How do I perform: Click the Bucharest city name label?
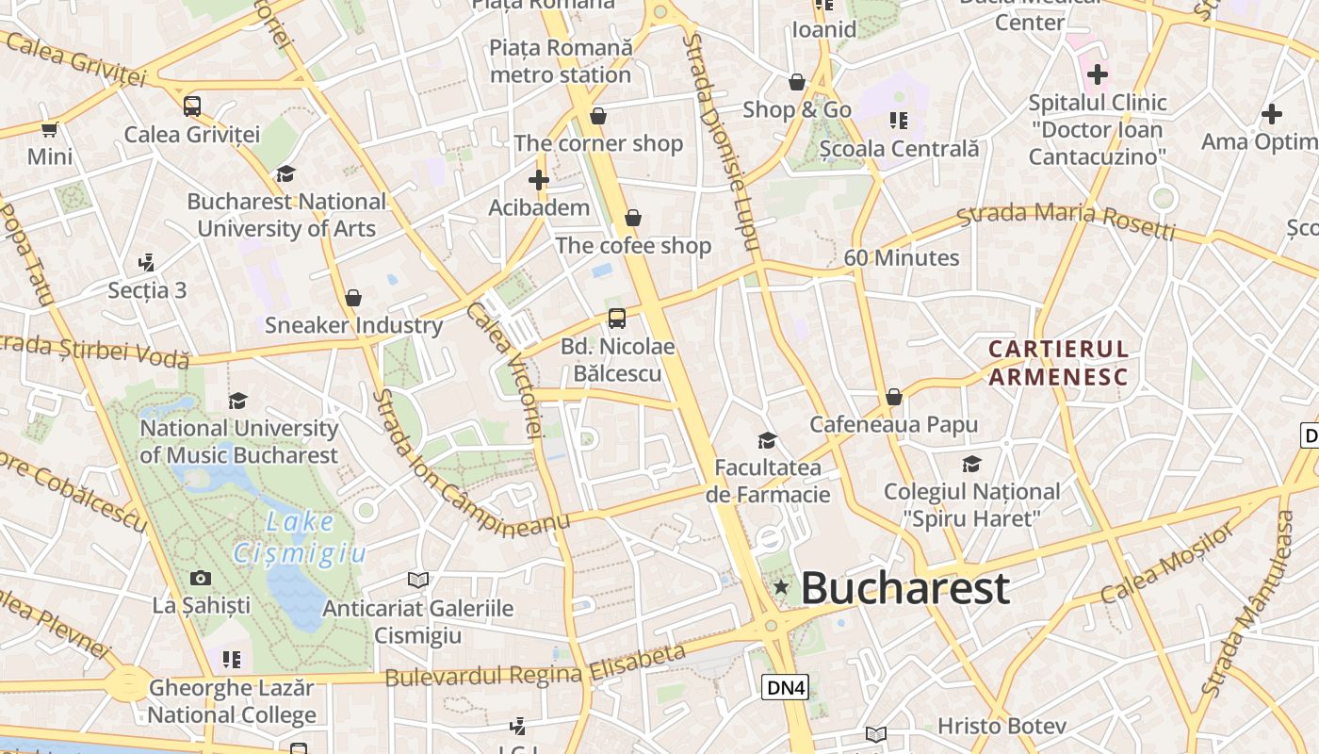pyautogui.click(x=904, y=588)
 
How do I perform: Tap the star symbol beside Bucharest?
pyautogui.click(x=781, y=587)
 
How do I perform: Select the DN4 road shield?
pyautogui.click(x=785, y=687)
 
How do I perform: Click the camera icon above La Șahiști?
pyautogui.click(x=201, y=578)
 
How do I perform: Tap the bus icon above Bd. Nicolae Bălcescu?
pyautogui.click(x=617, y=318)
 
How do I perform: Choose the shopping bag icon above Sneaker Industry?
pyautogui.click(x=353, y=298)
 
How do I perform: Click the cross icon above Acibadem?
pyautogui.click(x=539, y=179)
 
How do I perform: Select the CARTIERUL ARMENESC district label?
pyautogui.click(x=1058, y=363)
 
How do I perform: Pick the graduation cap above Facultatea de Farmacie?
pyautogui.click(x=768, y=440)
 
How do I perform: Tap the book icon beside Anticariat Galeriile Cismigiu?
pyautogui.click(x=418, y=580)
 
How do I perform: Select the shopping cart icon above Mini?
pyautogui.click(x=49, y=129)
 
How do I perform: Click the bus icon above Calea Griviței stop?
pyautogui.click(x=192, y=107)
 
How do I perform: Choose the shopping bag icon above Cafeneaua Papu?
pyautogui.click(x=893, y=397)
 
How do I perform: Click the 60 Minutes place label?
pyautogui.click(x=901, y=257)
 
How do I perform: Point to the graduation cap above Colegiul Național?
pyautogui.click(x=971, y=464)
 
